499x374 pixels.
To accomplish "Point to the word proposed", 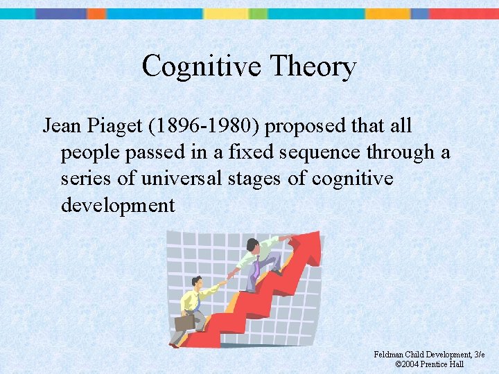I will (303, 126).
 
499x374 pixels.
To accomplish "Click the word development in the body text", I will (118, 205).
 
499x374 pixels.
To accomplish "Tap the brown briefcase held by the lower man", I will (184, 322).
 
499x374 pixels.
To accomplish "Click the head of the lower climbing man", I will (197, 283).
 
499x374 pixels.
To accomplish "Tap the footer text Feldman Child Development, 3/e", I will (429, 355).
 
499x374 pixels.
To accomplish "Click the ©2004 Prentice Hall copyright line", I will (429, 364).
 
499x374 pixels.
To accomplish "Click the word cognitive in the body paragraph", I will (352, 179).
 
